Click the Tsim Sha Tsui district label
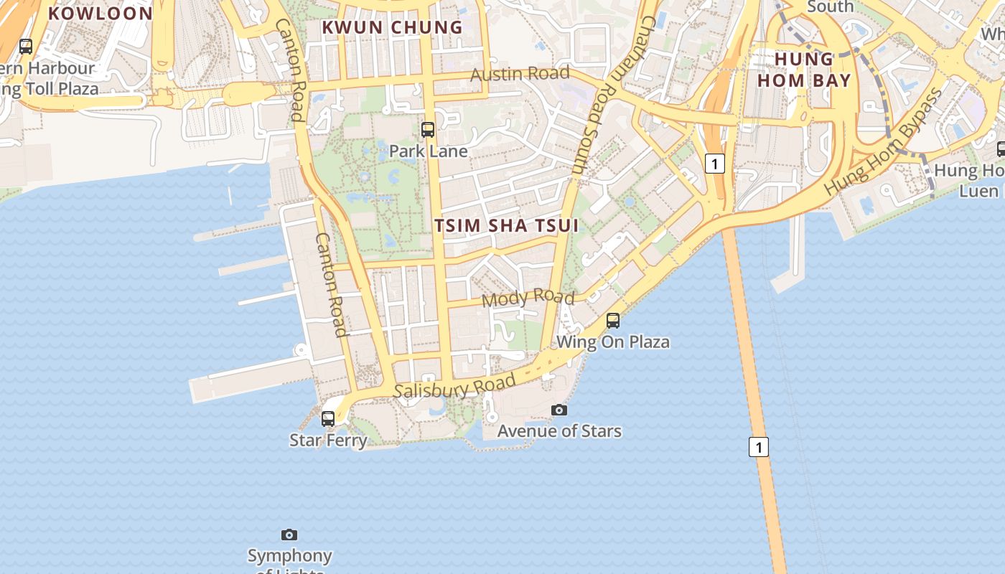click(506, 225)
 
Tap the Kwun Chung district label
click(392, 27)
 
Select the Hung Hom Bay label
click(804, 70)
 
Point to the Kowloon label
click(100, 13)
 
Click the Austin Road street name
click(520, 73)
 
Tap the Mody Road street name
click(528, 298)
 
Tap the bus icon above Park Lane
click(428, 130)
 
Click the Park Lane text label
click(428, 151)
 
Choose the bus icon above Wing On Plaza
click(613, 321)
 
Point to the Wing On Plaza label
click(613, 342)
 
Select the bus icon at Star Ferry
click(328, 418)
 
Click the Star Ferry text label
click(328, 440)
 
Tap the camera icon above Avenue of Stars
click(559, 410)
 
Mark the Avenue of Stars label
click(559, 430)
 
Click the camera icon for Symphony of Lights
click(289, 535)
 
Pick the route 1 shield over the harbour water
click(759, 447)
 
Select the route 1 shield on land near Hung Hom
click(714, 164)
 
